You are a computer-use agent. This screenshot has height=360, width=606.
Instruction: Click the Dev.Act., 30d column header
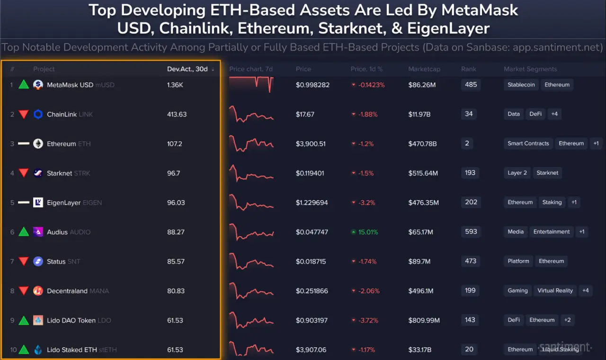click(x=187, y=69)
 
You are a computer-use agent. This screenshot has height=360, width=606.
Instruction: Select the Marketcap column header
click(x=424, y=69)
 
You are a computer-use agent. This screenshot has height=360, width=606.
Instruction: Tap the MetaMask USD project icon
click(x=38, y=85)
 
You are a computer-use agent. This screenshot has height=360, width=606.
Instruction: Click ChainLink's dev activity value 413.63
click(x=177, y=114)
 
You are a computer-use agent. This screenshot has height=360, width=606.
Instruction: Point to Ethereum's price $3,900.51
click(x=311, y=144)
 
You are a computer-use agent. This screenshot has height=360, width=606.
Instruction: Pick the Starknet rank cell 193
click(x=470, y=173)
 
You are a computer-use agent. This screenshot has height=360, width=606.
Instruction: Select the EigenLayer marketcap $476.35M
click(x=424, y=202)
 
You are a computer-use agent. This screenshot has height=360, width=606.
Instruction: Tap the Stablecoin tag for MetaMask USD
click(x=521, y=85)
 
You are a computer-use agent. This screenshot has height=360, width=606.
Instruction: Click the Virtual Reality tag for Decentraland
click(x=555, y=290)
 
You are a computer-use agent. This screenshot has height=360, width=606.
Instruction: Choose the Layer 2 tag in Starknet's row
click(x=517, y=173)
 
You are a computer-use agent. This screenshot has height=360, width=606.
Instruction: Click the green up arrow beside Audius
click(x=24, y=232)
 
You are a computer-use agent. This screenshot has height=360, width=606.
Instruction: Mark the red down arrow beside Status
click(x=24, y=262)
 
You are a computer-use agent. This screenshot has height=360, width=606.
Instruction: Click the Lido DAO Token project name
click(x=71, y=320)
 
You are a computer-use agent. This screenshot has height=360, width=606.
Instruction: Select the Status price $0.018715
click(x=311, y=262)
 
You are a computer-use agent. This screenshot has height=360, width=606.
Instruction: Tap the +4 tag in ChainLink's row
click(x=554, y=114)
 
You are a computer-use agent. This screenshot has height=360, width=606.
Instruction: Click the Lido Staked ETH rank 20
click(x=469, y=349)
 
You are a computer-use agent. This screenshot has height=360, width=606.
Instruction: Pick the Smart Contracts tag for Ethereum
click(x=528, y=143)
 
